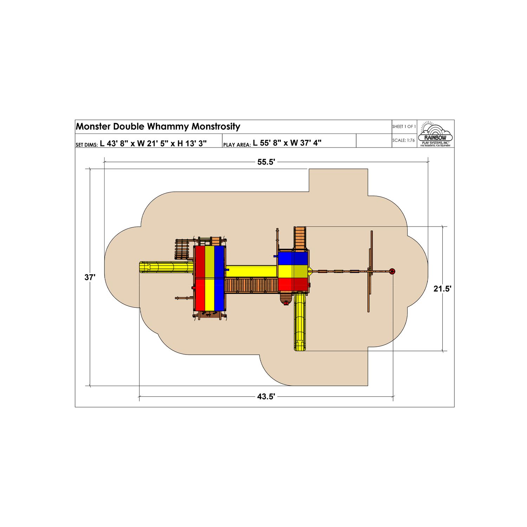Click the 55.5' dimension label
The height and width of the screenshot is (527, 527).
pyautogui.click(x=266, y=162)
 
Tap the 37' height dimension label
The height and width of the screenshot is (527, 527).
pyautogui.click(x=90, y=277)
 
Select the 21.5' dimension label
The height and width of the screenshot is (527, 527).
pyautogui.click(x=442, y=289)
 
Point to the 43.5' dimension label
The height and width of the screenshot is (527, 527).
pyautogui.click(x=266, y=397)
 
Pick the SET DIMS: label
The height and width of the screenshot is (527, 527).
pyautogui.click(x=86, y=145)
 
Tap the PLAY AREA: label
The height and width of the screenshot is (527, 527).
pyautogui.click(x=237, y=145)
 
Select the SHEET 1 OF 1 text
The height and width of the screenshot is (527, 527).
pyautogui.click(x=404, y=126)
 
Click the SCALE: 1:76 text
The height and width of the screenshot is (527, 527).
pyautogui.click(x=404, y=140)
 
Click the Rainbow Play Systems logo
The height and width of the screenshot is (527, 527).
pyautogui.click(x=435, y=134)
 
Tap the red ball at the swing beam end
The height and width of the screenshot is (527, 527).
pyautogui.click(x=392, y=271)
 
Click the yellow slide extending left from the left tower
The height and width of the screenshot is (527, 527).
pyautogui.click(x=167, y=267)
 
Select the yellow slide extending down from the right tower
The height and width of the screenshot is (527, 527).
pyautogui.click(x=300, y=321)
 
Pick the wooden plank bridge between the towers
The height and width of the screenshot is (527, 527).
pyautogui.click(x=251, y=285)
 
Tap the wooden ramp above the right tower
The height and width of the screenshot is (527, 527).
pyautogui.click(x=300, y=238)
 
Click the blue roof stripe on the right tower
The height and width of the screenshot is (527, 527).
pyautogui.click(x=293, y=258)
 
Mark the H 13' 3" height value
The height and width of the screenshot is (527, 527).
pyautogui.click(x=192, y=143)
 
